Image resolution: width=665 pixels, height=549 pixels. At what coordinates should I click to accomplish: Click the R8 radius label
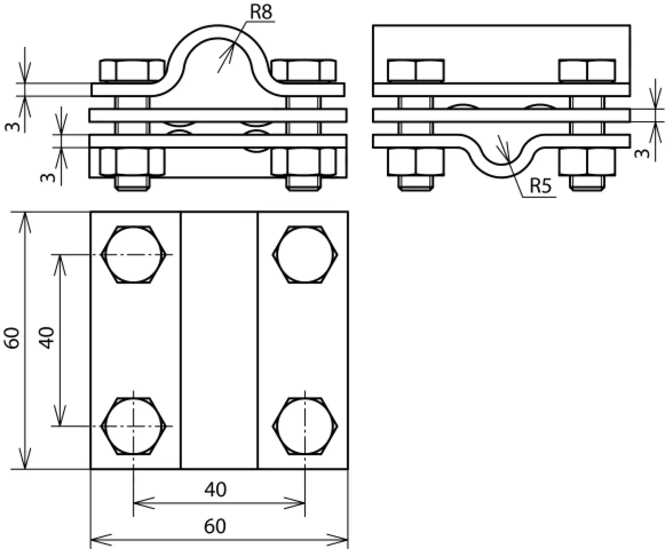pos(261,12)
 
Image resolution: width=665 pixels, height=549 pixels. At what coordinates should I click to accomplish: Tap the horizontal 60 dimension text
pos(215,526)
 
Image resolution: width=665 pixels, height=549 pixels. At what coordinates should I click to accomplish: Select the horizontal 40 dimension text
pos(215,490)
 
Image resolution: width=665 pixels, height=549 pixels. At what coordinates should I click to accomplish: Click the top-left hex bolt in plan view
pos(134,255)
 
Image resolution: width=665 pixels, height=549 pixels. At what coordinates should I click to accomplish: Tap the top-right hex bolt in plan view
pos(305,255)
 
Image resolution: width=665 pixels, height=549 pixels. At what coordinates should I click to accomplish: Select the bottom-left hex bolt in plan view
pos(134,426)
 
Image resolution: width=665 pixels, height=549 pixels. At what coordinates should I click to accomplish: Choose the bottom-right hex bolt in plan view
pos(305,426)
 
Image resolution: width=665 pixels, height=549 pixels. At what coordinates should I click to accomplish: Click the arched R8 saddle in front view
pos(218,32)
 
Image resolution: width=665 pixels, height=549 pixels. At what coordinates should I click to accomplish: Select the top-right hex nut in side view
pos(587,70)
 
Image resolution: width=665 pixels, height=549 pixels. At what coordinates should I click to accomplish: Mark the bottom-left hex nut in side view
pos(416,162)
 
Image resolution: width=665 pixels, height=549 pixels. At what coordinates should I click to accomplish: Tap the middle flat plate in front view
pos(218,115)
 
